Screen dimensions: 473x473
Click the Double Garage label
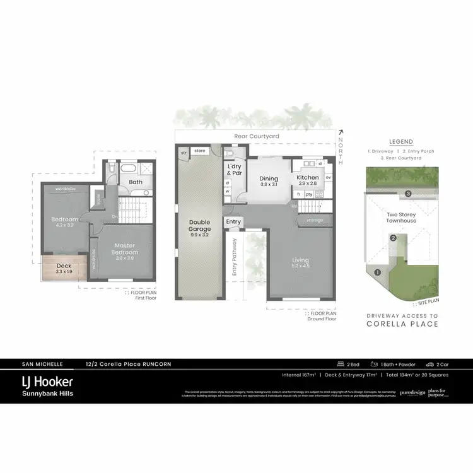coord(199,226)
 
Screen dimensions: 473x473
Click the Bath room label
coord(136,182)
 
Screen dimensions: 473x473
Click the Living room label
coord(301,262)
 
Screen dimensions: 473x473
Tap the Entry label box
coord(233,222)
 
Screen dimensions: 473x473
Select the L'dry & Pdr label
coord(234,170)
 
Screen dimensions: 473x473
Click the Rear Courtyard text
coord(256,136)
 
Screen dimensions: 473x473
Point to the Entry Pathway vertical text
coord(235,256)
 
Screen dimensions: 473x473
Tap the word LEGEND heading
coord(401,142)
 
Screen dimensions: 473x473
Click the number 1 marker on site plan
coord(377,272)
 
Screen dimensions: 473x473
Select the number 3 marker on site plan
coord(409,194)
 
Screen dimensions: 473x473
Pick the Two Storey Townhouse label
coord(402,218)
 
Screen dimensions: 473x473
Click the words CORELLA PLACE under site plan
coord(402,324)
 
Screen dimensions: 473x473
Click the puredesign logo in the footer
coord(412,392)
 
